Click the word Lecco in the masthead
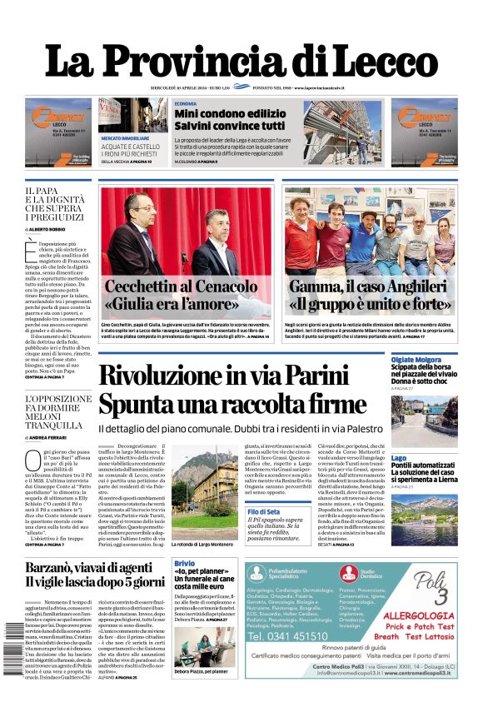[379, 63]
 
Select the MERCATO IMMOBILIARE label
[125, 137]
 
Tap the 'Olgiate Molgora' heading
[416, 360]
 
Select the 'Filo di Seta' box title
[262, 511]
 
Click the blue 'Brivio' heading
[184, 564]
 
